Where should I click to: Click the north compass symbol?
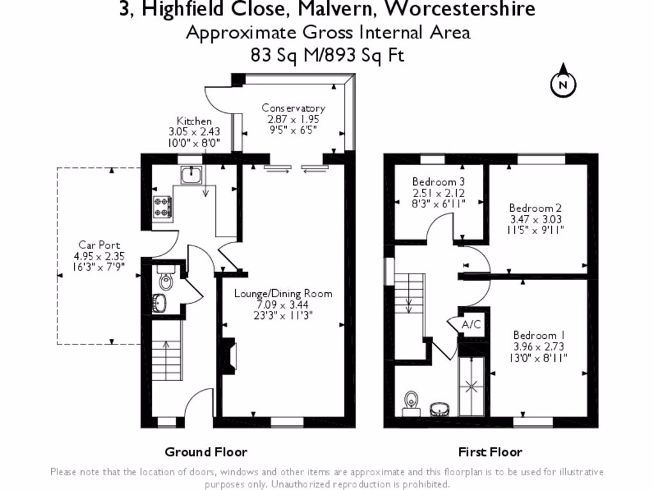(563, 83)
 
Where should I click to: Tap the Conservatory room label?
(293, 108)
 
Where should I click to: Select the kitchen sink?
(190, 174)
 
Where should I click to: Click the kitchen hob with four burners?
(162, 205)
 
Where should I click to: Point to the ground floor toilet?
(165, 279)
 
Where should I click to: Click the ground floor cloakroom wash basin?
(160, 304)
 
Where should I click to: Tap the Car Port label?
(99, 245)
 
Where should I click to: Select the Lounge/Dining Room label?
(283, 293)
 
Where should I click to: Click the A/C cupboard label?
(471, 325)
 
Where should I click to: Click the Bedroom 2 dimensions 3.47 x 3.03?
(535, 219)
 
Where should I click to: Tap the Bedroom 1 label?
(538, 335)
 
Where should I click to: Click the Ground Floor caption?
(206, 452)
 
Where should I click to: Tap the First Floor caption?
(490, 452)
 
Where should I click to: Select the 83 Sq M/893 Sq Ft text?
(328, 56)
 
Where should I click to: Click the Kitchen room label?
(194, 121)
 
